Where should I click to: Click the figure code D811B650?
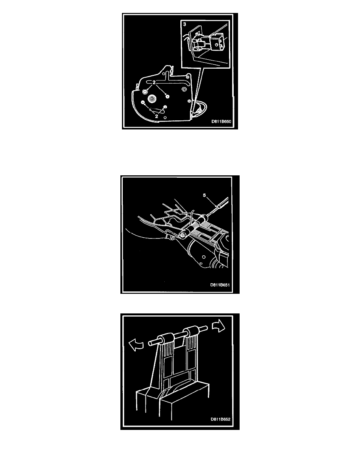(x=221, y=122)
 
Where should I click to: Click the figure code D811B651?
(x=220, y=285)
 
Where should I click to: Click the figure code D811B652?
(x=221, y=419)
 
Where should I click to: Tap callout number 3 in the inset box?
(x=185, y=24)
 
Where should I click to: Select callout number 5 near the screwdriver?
(x=204, y=195)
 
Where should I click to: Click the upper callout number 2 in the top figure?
(x=154, y=82)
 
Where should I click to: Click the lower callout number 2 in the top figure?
(x=156, y=116)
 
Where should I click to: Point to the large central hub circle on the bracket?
(x=153, y=99)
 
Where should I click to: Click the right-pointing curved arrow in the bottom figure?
(x=218, y=327)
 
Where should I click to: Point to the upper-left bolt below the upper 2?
(x=145, y=92)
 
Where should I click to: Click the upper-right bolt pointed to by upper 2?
(x=167, y=96)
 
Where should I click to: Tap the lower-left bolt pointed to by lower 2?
(x=143, y=103)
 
